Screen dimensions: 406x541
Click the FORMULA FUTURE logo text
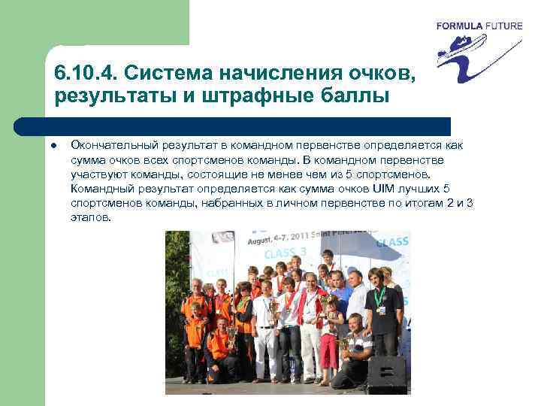pos(479,26)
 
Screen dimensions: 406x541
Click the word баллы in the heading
pos(356,96)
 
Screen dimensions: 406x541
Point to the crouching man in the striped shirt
pos(353,346)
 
